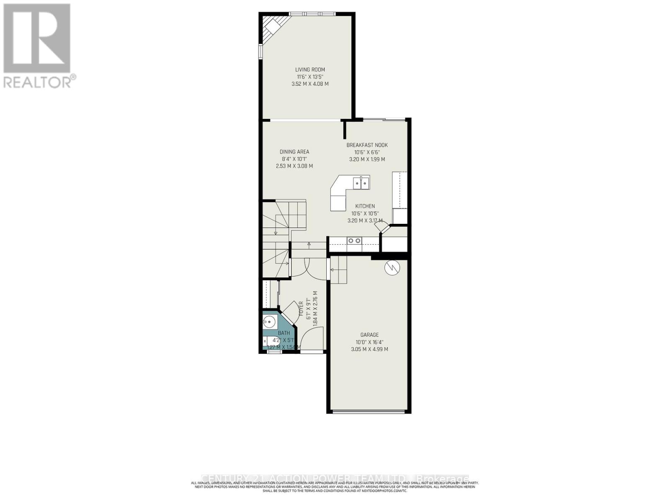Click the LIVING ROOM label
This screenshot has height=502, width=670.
(x=310, y=70)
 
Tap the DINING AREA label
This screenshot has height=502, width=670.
(x=294, y=152)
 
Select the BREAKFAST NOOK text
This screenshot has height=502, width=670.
(x=367, y=145)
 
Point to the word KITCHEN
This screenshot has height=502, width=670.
(x=365, y=206)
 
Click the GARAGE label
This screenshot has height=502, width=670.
(x=369, y=335)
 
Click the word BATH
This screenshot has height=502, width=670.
(x=283, y=333)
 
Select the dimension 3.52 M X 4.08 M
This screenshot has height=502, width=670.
(x=310, y=84)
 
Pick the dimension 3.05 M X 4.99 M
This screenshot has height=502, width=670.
(x=369, y=349)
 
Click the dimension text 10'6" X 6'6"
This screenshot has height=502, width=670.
(x=367, y=152)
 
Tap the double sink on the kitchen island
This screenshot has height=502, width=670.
(x=361, y=183)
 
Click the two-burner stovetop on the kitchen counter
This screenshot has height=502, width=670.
(x=354, y=241)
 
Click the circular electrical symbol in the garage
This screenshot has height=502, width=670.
(x=392, y=268)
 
